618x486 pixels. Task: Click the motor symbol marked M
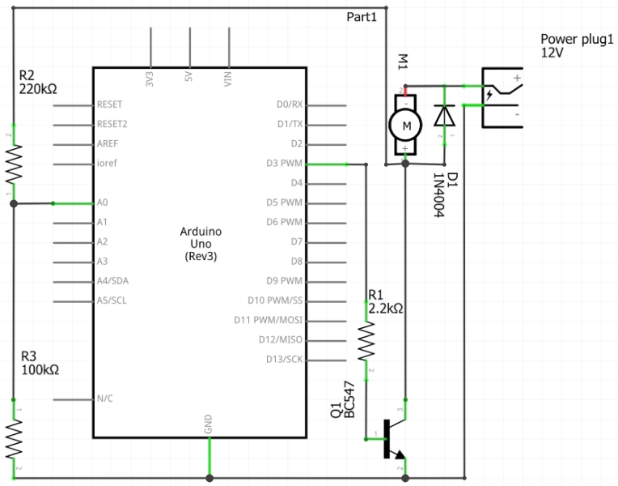coord(405,125)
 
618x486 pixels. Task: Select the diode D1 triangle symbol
coord(445,115)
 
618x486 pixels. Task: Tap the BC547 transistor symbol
coord(395,439)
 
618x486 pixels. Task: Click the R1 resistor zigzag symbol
coord(366,341)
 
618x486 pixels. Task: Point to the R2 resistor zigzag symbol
coord(14,164)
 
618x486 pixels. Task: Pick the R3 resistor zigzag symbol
coord(14,439)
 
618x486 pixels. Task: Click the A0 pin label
coord(103,202)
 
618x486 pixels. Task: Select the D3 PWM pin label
coord(284,163)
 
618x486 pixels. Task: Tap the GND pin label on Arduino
coord(209,424)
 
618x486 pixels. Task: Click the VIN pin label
coord(228,79)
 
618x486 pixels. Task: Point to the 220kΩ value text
coord(38,89)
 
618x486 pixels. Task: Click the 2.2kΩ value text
coord(386,309)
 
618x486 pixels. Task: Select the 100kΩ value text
coord(40,370)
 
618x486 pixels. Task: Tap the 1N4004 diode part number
coord(438,195)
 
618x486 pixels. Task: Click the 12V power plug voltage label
coord(552,53)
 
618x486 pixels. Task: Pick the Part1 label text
coord(362,17)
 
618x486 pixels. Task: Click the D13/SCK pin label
coord(284,360)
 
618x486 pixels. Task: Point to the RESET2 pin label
coord(112,124)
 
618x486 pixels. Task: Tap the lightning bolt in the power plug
coord(489,95)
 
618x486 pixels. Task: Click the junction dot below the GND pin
coord(210,478)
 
